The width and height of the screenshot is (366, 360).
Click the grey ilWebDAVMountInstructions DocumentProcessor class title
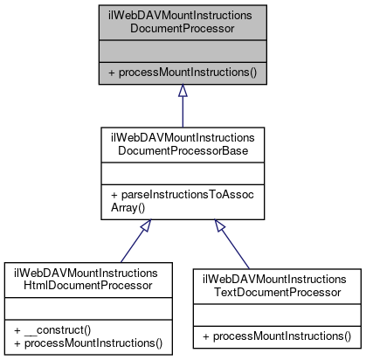(x=183, y=21)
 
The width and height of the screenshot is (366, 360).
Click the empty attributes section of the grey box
(x=183, y=50)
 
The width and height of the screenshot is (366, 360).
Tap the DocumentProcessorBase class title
(x=183, y=146)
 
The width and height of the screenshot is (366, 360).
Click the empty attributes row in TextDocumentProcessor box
(x=276, y=313)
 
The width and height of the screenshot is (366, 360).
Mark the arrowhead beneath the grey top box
(x=183, y=90)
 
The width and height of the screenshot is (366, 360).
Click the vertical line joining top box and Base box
(x=183, y=112)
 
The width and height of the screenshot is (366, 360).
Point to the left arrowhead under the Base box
(x=148, y=225)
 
